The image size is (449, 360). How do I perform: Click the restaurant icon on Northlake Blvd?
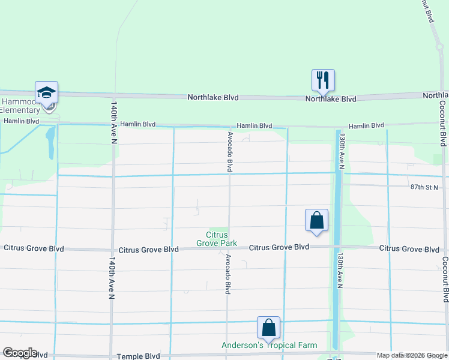(323, 80)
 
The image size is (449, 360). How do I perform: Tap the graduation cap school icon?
(46, 92)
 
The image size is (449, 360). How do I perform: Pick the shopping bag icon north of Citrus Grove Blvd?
(316, 220)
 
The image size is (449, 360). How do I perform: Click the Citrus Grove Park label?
(217, 239)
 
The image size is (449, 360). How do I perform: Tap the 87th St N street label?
(426, 187)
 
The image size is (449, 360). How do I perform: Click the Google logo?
(20, 353)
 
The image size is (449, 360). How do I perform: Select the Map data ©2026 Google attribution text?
(412, 355)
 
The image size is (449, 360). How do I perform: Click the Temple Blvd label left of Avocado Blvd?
(138, 356)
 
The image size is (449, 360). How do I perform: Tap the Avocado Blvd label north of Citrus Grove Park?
(229, 152)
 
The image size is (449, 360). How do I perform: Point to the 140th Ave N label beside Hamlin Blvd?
(113, 122)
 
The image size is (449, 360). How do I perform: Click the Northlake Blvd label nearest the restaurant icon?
(331, 99)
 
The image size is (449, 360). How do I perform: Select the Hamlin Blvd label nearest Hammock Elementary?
(21, 121)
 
